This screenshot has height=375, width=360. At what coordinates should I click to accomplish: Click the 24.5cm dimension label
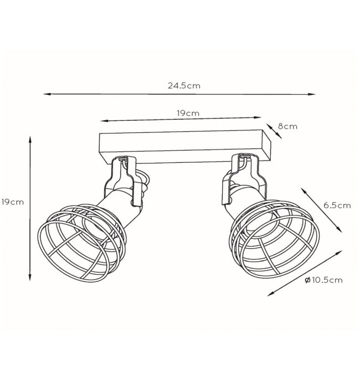[184, 86]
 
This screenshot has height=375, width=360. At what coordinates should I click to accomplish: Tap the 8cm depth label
[287, 126]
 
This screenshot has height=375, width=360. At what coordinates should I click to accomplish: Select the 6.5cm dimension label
[337, 205]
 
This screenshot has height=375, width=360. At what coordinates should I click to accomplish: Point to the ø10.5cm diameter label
[323, 280]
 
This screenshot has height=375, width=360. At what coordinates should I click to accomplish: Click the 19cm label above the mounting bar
[188, 113]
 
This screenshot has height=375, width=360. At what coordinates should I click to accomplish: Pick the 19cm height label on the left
[12, 202]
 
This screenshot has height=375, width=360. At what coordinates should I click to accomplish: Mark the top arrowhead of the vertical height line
[30, 140]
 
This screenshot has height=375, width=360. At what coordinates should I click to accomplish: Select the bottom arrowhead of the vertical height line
[30, 277]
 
